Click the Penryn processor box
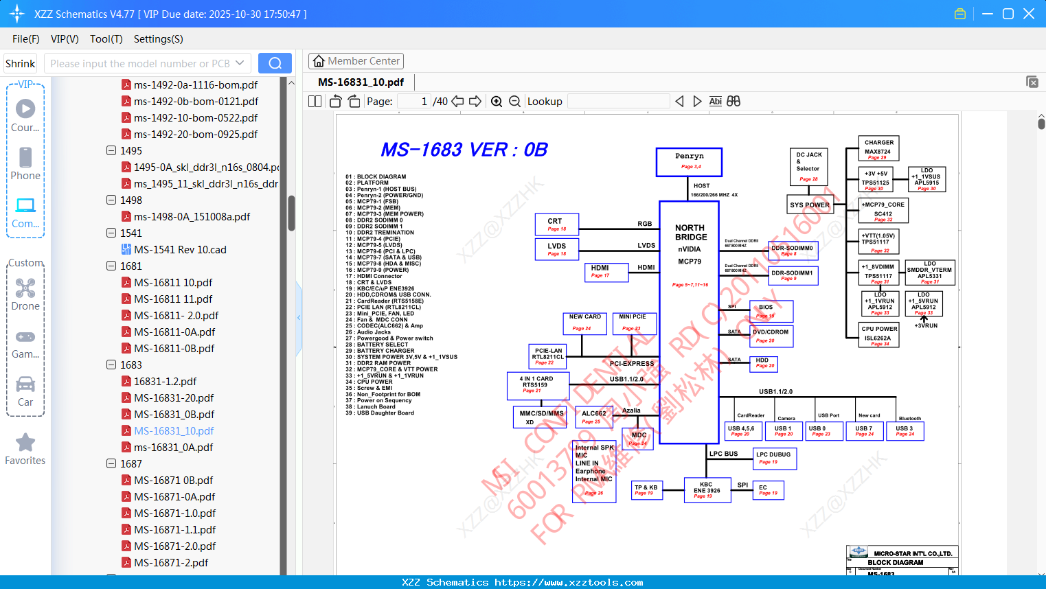pyautogui.click(x=689, y=162)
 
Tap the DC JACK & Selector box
pyautogui.click(x=808, y=167)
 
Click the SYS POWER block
pyautogui.click(x=810, y=205)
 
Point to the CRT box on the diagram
pyautogui.click(x=556, y=224)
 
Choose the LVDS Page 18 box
pyautogui.click(x=556, y=249)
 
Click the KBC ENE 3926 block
pyautogui.click(x=707, y=490)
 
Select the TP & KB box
pyautogui.click(x=646, y=490)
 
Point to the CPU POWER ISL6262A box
pyautogui.click(x=879, y=335)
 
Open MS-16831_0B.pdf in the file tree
pyautogui.click(x=174, y=415)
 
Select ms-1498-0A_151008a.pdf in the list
pyautogui.click(x=192, y=217)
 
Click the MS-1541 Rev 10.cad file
pyautogui.click(x=180, y=250)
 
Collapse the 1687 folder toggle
pyautogui.click(x=111, y=464)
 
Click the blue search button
pyautogui.click(x=275, y=63)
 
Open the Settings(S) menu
pyautogui.click(x=158, y=39)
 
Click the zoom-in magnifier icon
pyautogui.click(x=497, y=102)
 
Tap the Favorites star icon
pyautogui.click(x=25, y=443)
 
